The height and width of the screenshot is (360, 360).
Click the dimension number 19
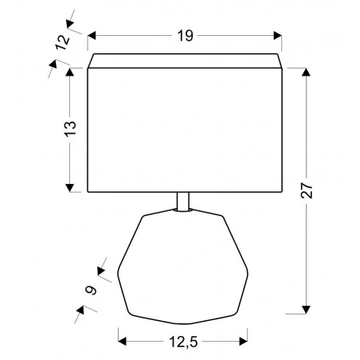(x=184, y=36)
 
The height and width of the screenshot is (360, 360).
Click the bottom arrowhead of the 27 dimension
(x=306, y=310)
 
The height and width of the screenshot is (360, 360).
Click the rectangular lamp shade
(x=184, y=127)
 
